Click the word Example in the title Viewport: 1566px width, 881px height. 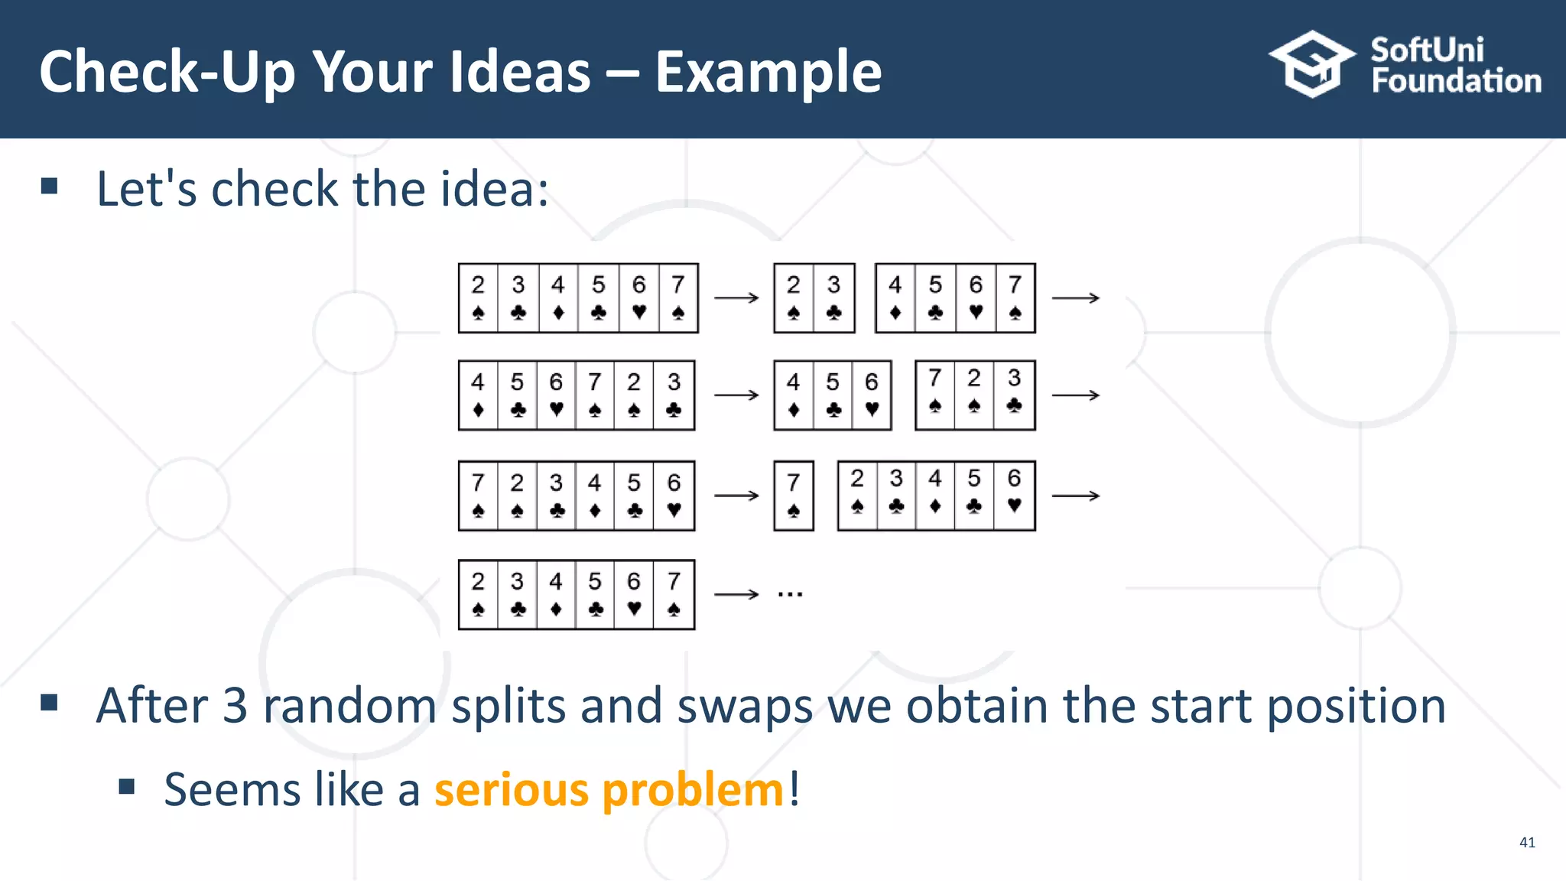[x=768, y=71]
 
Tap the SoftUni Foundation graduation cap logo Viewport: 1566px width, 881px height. [x=1312, y=64]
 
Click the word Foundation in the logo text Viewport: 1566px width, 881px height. [x=1456, y=81]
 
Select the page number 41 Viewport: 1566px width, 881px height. [x=1527, y=842]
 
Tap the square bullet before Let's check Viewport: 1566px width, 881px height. [x=50, y=186]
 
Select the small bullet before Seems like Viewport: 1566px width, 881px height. [x=127, y=786]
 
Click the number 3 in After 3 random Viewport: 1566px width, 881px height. [x=235, y=705]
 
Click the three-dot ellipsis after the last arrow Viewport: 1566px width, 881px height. [x=790, y=594]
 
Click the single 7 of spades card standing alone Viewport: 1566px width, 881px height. [x=794, y=496]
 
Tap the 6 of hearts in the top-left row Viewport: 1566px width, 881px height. [x=638, y=297]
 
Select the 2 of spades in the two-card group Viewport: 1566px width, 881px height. [x=794, y=297]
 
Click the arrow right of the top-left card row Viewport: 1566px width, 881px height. [x=736, y=297]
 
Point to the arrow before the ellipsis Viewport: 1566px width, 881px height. [x=736, y=594]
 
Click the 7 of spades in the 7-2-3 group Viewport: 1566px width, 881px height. [x=934, y=395]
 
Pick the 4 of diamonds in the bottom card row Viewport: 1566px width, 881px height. [x=556, y=594]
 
